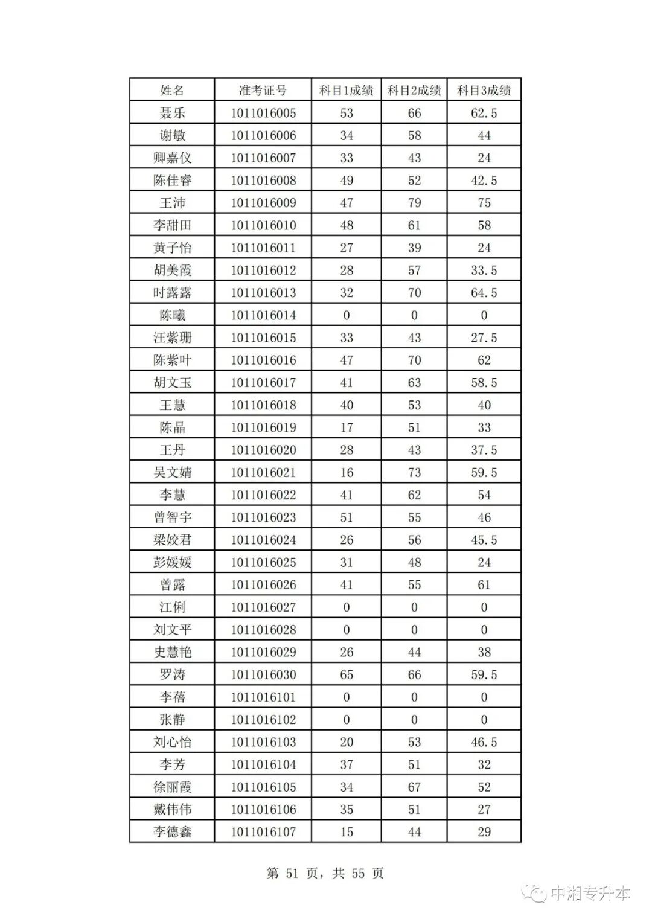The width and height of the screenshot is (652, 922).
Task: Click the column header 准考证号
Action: (263, 91)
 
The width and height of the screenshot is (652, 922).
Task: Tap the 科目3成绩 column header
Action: (484, 91)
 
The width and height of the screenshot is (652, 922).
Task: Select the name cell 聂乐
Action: (172, 113)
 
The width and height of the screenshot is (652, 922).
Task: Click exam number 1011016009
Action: (263, 203)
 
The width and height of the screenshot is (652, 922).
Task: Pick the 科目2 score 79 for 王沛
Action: (414, 203)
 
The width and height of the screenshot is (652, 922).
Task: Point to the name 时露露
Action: (172, 293)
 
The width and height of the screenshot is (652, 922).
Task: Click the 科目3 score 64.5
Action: (484, 293)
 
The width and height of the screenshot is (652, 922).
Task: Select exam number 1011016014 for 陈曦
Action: (263, 315)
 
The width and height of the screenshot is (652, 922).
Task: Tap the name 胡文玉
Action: (172, 383)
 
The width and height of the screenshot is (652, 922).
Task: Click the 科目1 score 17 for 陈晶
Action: (347, 427)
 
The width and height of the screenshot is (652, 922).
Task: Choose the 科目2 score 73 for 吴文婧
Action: (414, 472)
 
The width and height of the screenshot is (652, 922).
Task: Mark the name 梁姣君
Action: (172, 540)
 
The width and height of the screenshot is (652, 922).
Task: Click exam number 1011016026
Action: (263, 584)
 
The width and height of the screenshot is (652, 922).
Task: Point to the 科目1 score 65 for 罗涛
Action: (347, 674)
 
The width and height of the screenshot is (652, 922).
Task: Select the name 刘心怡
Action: (172, 742)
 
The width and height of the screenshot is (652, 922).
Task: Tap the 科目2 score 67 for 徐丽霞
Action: (414, 787)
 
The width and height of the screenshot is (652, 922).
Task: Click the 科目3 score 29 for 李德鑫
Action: (484, 832)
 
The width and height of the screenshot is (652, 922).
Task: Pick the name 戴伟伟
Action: (172, 809)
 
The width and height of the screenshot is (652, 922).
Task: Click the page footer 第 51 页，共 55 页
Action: (325, 873)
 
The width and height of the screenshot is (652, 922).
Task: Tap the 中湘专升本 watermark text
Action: (590, 893)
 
